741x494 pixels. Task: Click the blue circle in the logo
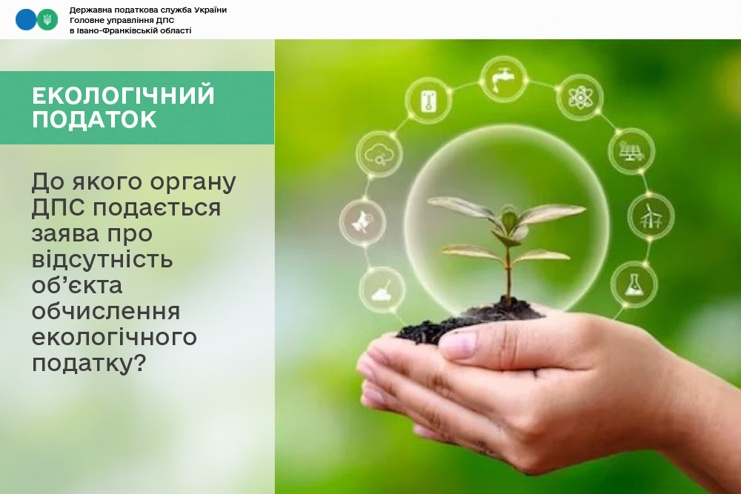click(x=26, y=20)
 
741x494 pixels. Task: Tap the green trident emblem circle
click(x=47, y=20)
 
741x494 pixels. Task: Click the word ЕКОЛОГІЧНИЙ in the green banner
click(x=123, y=95)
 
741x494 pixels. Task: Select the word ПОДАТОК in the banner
click(x=95, y=119)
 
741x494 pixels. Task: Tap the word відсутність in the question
click(x=102, y=259)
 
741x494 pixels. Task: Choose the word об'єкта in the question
click(x=77, y=285)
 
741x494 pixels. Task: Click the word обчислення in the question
click(x=106, y=311)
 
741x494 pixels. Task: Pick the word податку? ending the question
click(x=90, y=364)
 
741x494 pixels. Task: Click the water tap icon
click(x=503, y=79)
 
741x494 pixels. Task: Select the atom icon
click(x=579, y=97)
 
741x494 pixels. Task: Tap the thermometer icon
click(x=428, y=101)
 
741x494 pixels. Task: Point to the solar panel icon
click(x=631, y=151)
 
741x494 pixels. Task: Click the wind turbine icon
click(x=651, y=217)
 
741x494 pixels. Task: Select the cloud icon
click(x=379, y=154)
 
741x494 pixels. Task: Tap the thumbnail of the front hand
click(x=458, y=344)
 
